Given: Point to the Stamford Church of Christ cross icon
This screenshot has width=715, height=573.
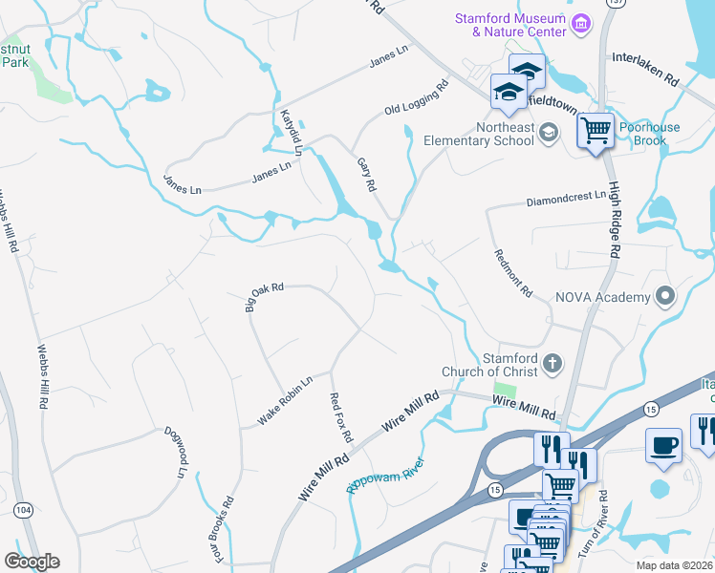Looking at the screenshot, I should (552, 363).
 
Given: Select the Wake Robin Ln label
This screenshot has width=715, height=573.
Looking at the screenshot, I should (285, 401).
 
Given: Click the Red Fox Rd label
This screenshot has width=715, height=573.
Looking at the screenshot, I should (340, 417).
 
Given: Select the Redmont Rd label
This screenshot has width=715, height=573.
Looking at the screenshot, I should (512, 272).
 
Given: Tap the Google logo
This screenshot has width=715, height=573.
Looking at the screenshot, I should (32, 562).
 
